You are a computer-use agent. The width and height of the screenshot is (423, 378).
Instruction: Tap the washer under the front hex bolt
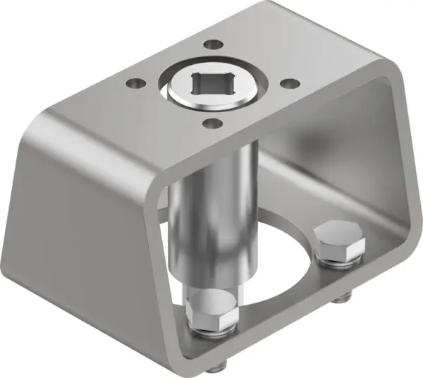tap(211, 327)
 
